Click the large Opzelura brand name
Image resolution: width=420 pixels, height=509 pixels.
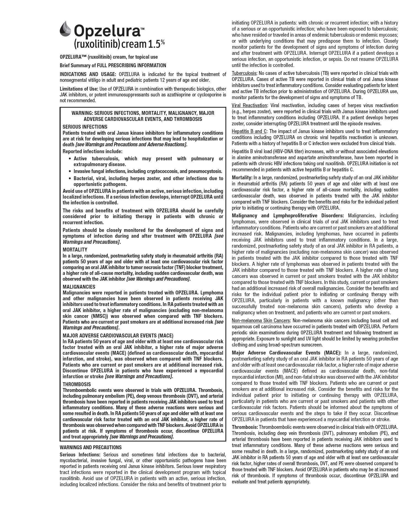[x=107, y=31]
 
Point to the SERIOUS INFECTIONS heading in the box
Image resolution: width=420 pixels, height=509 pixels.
[x=85, y=127]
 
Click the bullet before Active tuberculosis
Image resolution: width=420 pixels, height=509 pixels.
[x=70, y=159]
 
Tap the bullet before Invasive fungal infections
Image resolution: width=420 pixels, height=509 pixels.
[x=70, y=171]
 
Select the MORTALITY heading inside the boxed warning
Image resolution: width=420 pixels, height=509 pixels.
[x=75, y=250]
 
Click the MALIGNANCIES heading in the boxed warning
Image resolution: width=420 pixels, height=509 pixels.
[x=79, y=287]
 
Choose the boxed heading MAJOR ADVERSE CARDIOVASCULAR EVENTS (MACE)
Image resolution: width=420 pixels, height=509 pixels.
[x=118, y=335]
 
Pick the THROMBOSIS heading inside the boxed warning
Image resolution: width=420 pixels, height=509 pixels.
[x=77, y=384]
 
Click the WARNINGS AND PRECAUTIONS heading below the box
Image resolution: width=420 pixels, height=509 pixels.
[x=91, y=447]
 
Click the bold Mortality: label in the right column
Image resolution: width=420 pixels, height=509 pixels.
[x=242, y=178]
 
